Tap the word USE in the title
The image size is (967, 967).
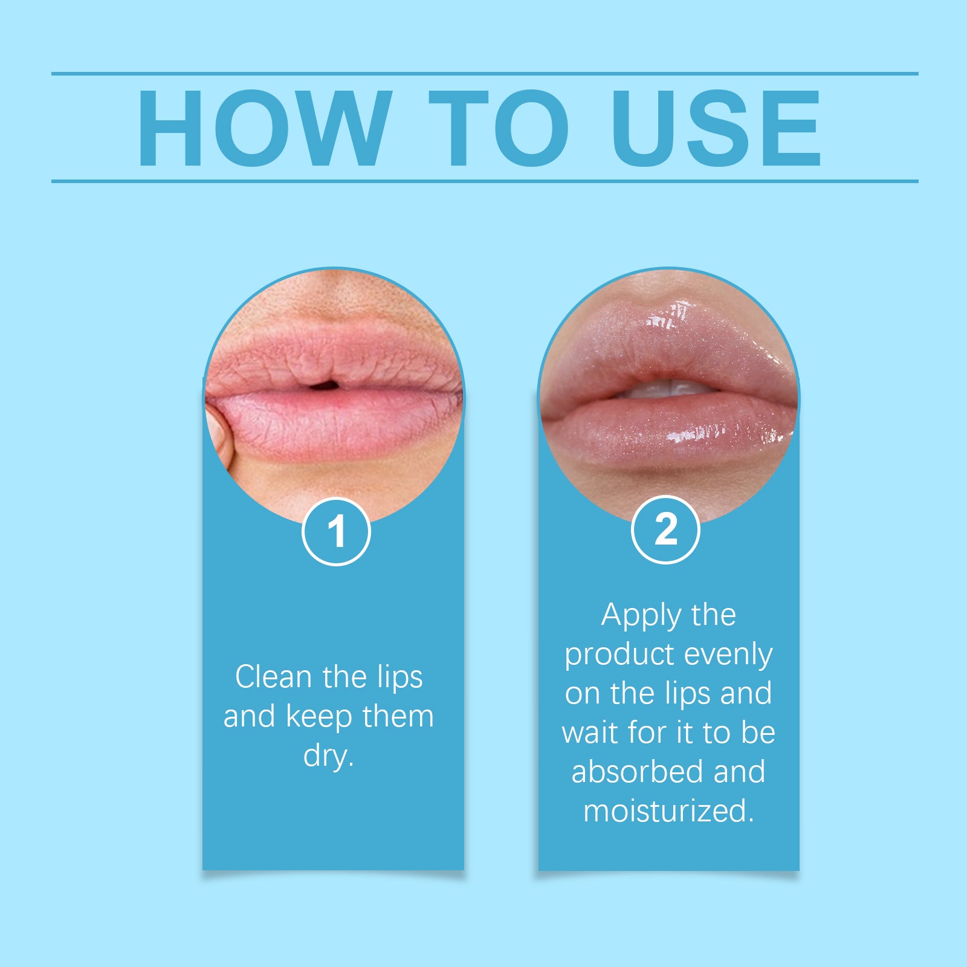tap(716, 128)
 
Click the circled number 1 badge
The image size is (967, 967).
tap(336, 531)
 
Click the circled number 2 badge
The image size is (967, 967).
tap(665, 529)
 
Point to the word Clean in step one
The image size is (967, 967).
tap(273, 677)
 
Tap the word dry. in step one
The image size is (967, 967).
tap(328, 755)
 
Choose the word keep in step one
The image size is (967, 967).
tap(319, 717)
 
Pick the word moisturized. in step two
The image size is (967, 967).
tap(668, 811)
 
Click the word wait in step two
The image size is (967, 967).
tap(590, 733)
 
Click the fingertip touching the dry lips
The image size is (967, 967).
tap(218, 432)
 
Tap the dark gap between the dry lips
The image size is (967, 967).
tap(323, 384)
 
